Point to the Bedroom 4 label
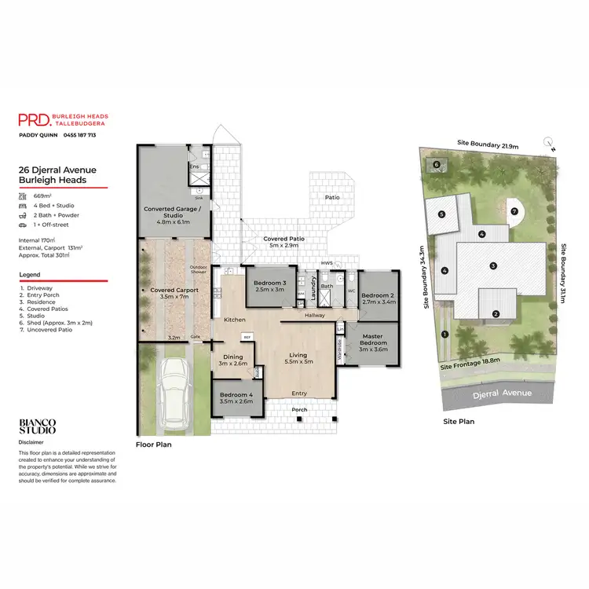(x=236, y=397)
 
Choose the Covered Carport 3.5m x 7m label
(x=174, y=294)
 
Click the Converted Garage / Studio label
(x=173, y=213)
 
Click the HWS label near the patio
(x=327, y=262)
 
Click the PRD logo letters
(x=34, y=119)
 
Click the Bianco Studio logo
(x=37, y=426)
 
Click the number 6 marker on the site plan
(x=436, y=164)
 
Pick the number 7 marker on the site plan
(x=514, y=211)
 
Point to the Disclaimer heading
(x=32, y=441)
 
